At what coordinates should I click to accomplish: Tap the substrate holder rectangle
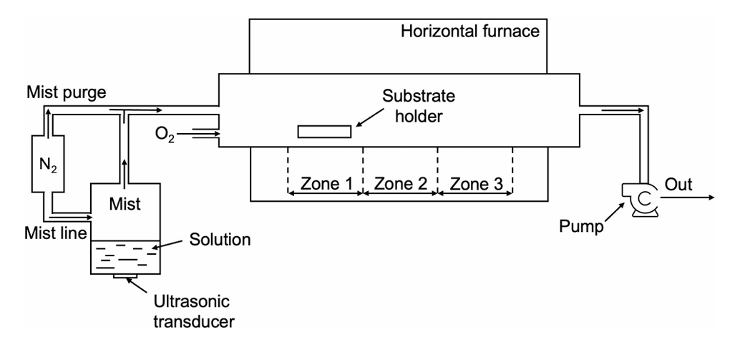pos(324,132)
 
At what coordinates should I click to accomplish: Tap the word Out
pos(678,184)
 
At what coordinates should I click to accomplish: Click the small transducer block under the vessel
pos(125,278)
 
